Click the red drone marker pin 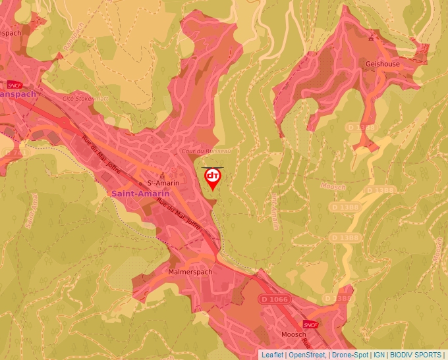click(x=213, y=180)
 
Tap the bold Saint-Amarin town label click(x=140, y=193)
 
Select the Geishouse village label click(x=382, y=64)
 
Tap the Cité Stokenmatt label click(x=84, y=98)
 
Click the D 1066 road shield click(x=273, y=299)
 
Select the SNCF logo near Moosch click(x=310, y=324)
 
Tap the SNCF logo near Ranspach click(x=14, y=85)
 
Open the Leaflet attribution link click(x=272, y=355)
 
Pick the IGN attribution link click(x=379, y=355)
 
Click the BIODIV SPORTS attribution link click(x=416, y=355)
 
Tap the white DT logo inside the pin click(x=213, y=176)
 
